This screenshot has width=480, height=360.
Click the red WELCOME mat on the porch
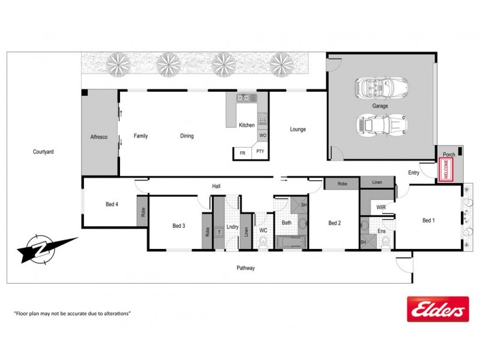(446, 169)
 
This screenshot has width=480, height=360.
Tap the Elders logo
(437, 309)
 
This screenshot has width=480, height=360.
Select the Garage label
(380, 106)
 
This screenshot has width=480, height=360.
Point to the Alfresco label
(98, 137)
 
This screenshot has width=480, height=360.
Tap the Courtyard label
(43, 152)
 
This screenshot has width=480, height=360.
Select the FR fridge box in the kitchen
(242, 153)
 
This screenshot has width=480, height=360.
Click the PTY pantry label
(260, 152)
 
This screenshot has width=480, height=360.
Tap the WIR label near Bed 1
(380, 207)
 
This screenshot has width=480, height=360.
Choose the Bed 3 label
(178, 226)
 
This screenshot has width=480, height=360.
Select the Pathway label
(245, 268)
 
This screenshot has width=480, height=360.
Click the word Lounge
(298, 129)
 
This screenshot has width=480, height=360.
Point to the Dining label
(187, 136)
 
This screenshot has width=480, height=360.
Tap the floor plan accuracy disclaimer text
(72, 313)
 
